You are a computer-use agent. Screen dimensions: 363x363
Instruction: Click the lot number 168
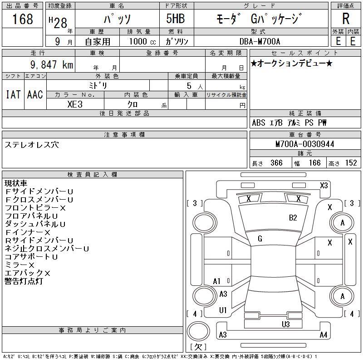(x=22, y=19)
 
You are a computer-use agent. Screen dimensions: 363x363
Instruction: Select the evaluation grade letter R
(x=346, y=19)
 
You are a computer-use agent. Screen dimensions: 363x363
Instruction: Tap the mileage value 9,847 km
(x=52, y=64)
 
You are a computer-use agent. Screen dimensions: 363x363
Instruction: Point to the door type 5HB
(x=176, y=19)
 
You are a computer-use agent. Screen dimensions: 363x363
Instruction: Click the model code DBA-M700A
(x=260, y=41)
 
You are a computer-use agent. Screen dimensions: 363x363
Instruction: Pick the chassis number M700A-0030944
(x=304, y=144)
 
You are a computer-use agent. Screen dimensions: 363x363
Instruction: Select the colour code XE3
(x=75, y=104)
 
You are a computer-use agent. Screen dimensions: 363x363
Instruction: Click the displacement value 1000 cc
(x=142, y=41)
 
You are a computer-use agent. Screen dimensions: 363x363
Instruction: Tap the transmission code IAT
(x=13, y=94)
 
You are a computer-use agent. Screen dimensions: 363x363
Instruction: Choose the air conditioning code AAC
(x=35, y=94)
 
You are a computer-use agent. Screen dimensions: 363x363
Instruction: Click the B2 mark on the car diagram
(x=293, y=218)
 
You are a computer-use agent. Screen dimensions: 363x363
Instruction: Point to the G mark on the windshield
(x=260, y=239)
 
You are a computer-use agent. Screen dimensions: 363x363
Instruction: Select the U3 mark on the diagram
(x=286, y=324)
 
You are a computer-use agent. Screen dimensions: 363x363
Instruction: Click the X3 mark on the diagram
(x=324, y=186)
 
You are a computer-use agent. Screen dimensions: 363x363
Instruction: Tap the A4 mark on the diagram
(x=324, y=334)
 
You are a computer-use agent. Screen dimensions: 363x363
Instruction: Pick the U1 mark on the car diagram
(x=223, y=310)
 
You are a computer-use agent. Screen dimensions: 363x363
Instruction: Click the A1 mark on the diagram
(x=217, y=281)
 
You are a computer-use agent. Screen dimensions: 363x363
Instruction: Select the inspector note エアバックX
(x=27, y=273)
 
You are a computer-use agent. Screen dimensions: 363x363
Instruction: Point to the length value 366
(x=276, y=163)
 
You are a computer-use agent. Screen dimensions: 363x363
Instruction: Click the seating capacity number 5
(x=189, y=86)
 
